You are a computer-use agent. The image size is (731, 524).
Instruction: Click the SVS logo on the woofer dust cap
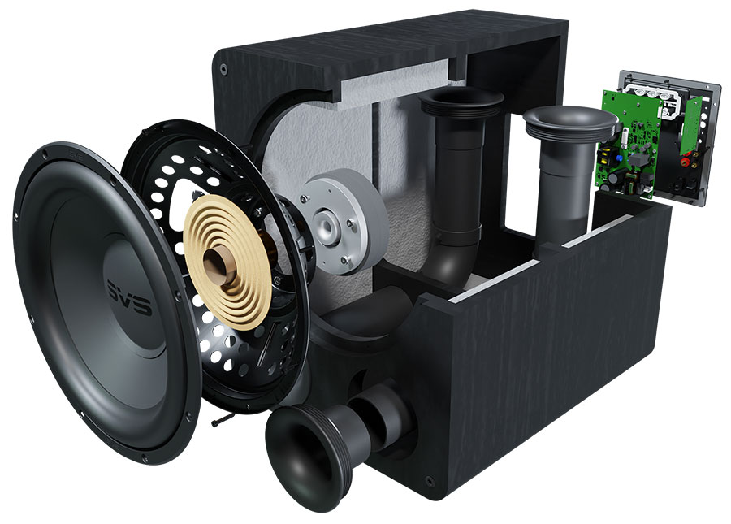[130, 297]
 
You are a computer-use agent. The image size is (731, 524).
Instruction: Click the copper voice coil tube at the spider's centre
[220, 265]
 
